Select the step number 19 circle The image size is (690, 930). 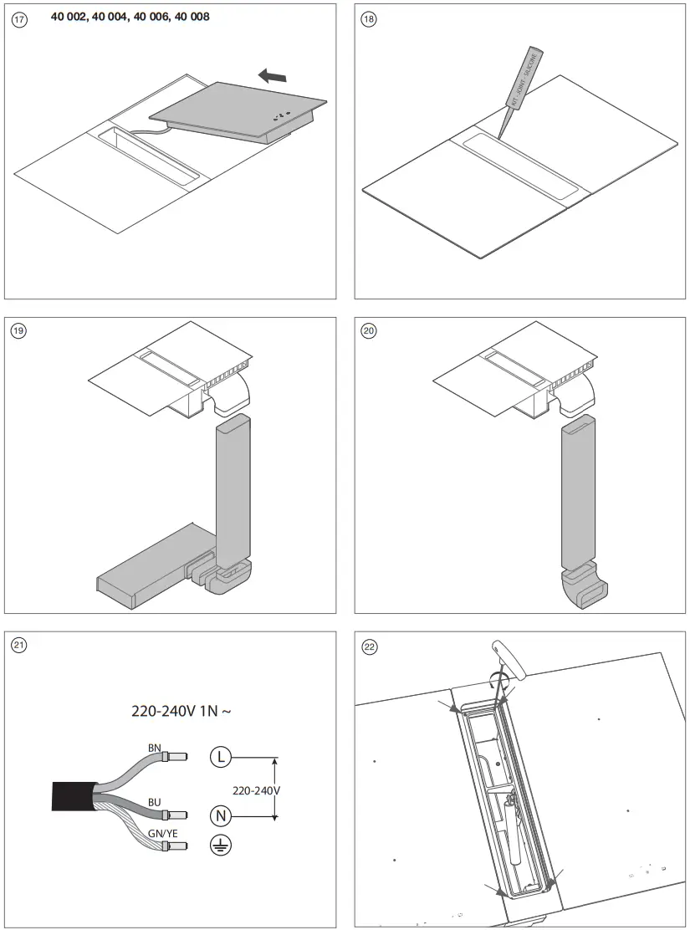pyautogui.click(x=19, y=330)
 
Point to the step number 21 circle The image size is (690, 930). pyautogui.click(x=19, y=644)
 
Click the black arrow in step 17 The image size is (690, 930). pyautogui.click(x=272, y=77)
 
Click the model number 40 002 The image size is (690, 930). pyautogui.click(x=69, y=17)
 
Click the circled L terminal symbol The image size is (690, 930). pyautogui.click(x=219, y=758)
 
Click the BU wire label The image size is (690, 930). pyautogui.click(x=155, y=802)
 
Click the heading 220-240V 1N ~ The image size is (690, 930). pyautogui.click(x=181, y=712)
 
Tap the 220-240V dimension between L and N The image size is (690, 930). pyautogui.click(x=257, y=789)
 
